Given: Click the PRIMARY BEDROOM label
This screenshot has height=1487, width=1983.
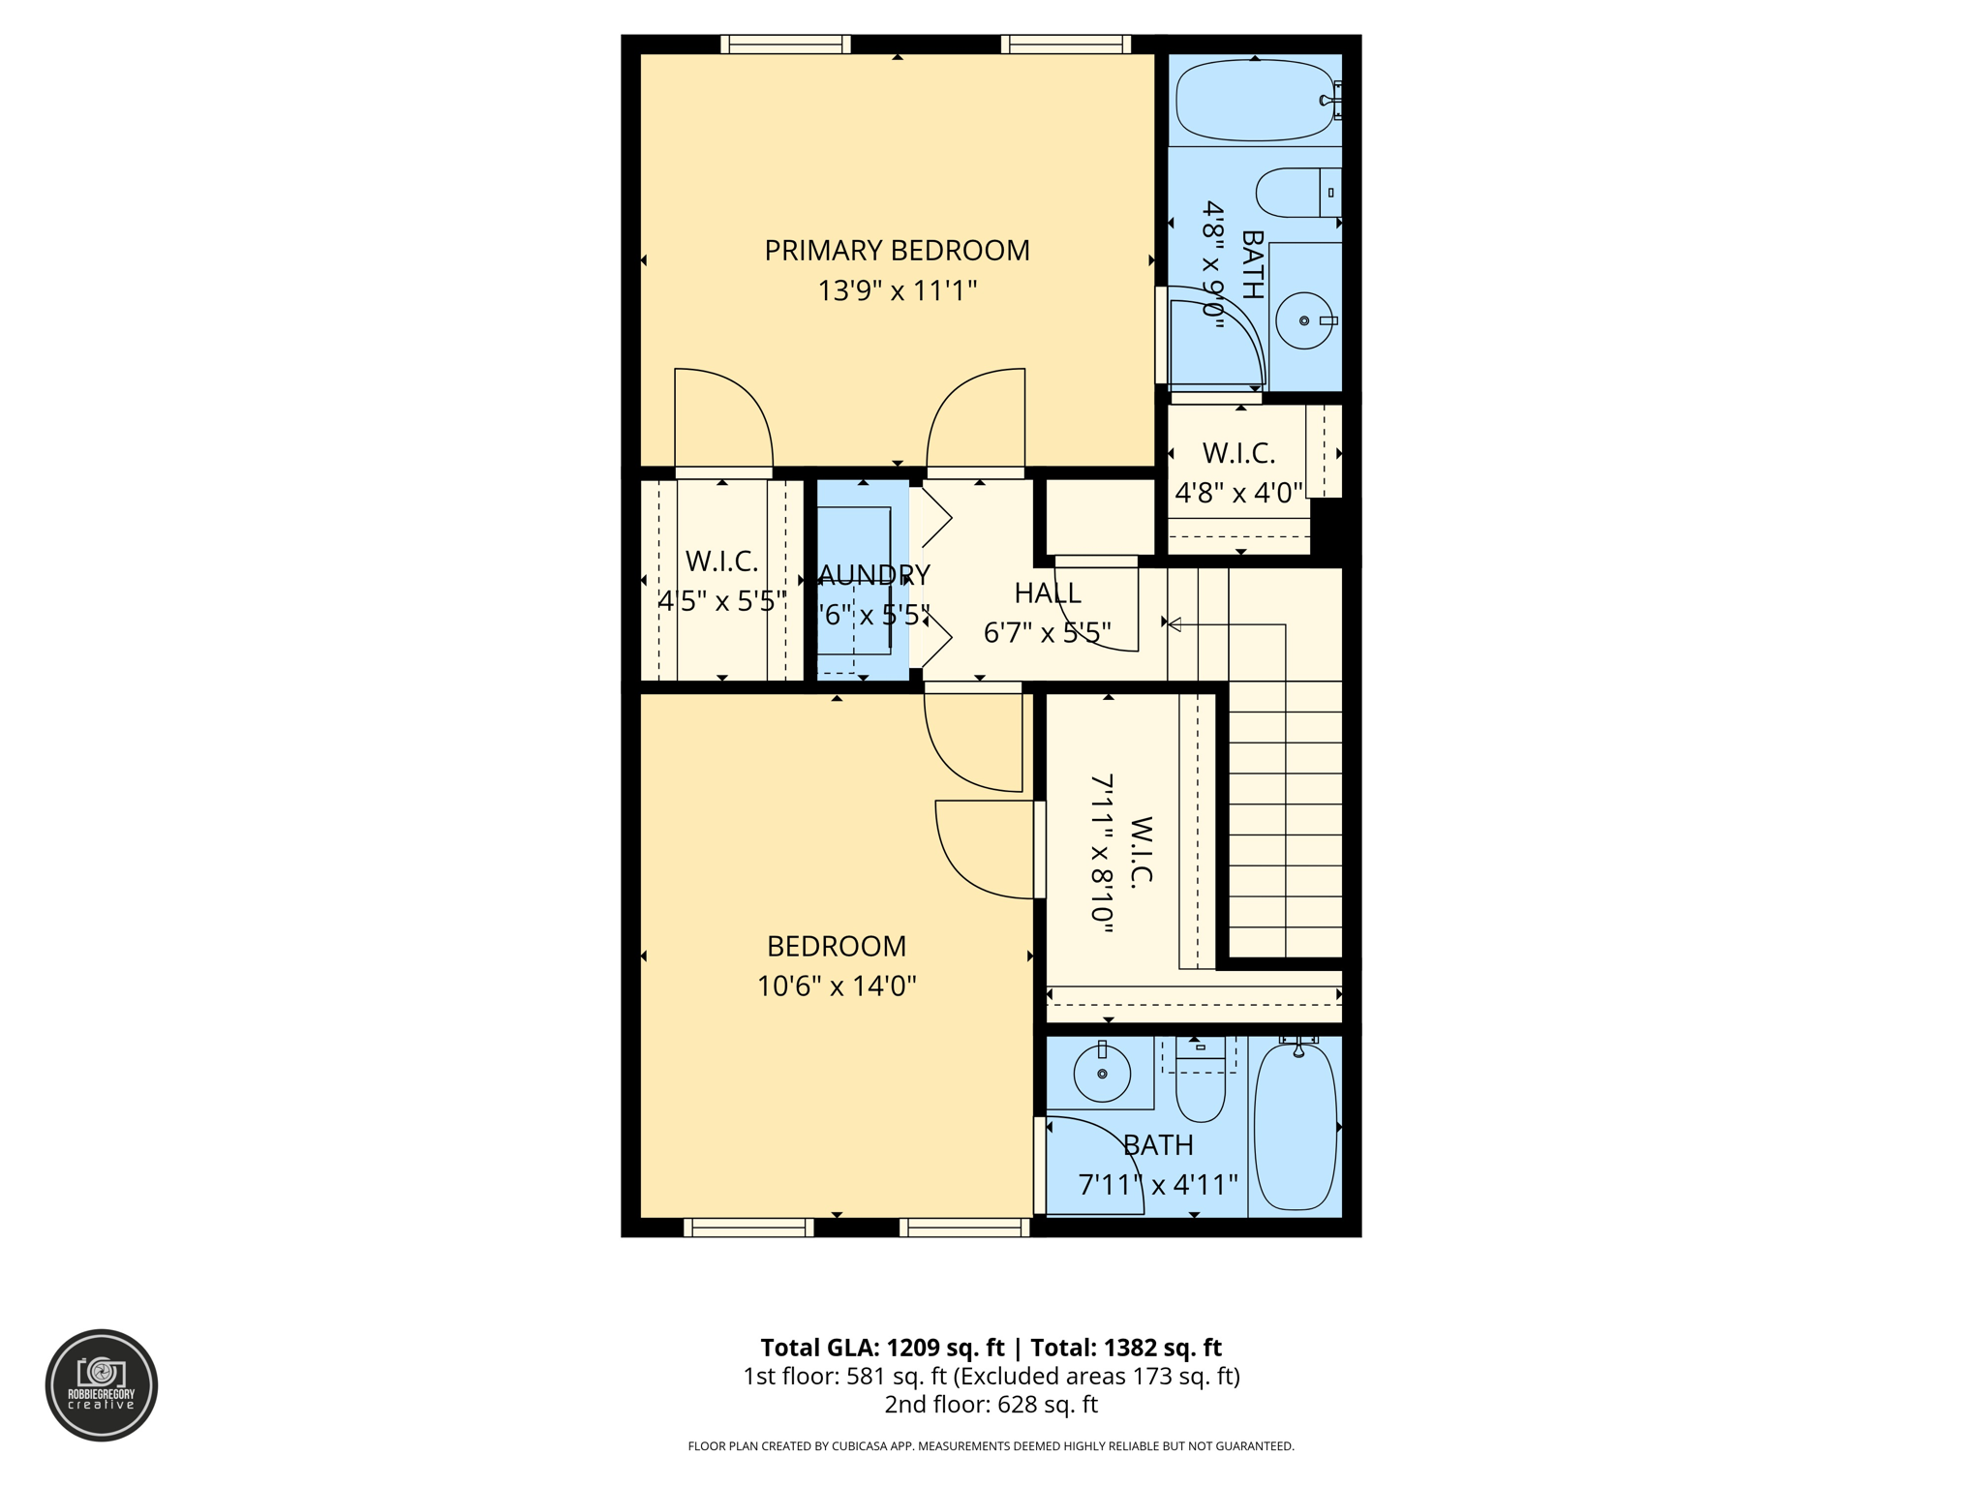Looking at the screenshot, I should pos(897,251).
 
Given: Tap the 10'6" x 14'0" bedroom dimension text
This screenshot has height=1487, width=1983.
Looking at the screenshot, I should pos(837,986).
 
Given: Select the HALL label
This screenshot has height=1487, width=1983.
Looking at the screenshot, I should pos(1048,592).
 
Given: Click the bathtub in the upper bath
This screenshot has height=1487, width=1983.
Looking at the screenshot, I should pos(1254,100).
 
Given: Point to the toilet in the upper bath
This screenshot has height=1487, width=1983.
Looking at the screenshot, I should pos(1297,193).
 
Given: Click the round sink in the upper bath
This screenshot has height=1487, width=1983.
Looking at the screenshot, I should pos(1304,320).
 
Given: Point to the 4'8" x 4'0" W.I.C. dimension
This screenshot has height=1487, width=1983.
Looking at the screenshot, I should pos(1238,493).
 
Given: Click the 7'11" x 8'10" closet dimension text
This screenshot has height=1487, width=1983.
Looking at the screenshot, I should pos(1102,853).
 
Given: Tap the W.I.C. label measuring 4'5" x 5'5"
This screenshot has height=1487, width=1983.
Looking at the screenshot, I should pos(721,561).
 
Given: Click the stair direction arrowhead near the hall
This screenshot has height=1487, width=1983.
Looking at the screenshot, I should pos(1175,624).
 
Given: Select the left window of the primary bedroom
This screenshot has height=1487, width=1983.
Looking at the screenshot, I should pos(785,45).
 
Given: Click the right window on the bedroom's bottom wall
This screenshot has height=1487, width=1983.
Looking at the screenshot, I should pos(964,1228).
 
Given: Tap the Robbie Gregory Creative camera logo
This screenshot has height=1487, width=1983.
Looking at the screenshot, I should pos(102,1384).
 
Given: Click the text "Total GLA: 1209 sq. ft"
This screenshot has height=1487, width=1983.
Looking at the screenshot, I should pos(882,1348).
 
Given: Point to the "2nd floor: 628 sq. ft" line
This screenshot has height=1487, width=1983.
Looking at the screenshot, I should pos(991,1404).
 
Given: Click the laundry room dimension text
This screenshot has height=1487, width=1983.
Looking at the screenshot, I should pos(873,615).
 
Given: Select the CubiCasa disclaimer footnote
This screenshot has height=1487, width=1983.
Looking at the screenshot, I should pos(991,1446).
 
